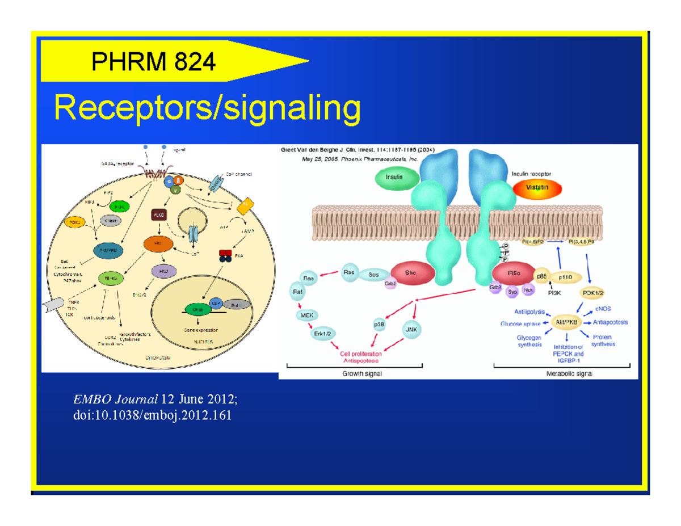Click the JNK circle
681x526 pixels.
click(x=411, y=328)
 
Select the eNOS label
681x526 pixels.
click(x=603, y=309)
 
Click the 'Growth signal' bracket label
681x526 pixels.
click(x=362, y=373)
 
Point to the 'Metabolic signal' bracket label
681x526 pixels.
click(x=569, y=373)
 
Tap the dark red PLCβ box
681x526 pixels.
click(x=158, y=215)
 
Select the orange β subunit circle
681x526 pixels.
click(x=179, y=180)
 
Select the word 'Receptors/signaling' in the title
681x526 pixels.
click(x=207, y=108)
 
